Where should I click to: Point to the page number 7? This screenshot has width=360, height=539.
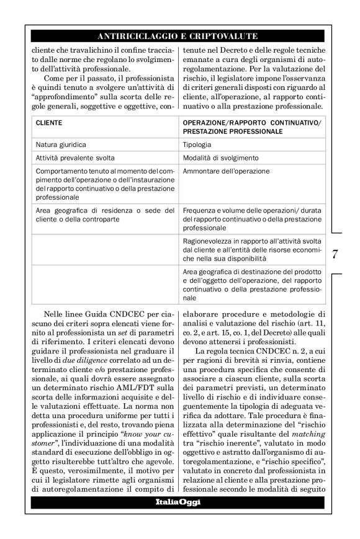pyautogui.click(x=335, y=254)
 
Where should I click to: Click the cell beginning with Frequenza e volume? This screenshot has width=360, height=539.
pyautogui.click(x=252, y=220)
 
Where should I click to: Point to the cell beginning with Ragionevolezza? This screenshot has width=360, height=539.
pyautogui.click(x=252, y=249)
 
